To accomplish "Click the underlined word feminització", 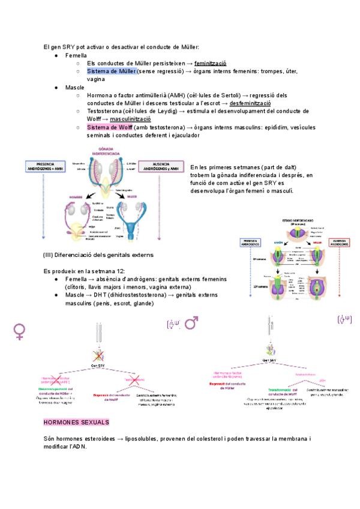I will point(210,63).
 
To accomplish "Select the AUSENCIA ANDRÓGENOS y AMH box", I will point(160,167).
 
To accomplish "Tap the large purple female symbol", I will point(20,332).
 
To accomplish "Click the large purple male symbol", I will point(191,324).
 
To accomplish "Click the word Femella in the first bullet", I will point(76,55).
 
